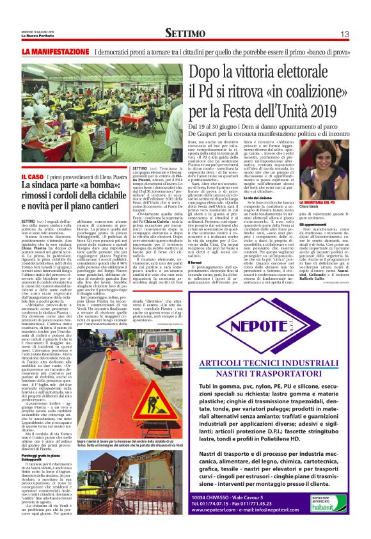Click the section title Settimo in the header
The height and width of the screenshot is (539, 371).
coord(184,33)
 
